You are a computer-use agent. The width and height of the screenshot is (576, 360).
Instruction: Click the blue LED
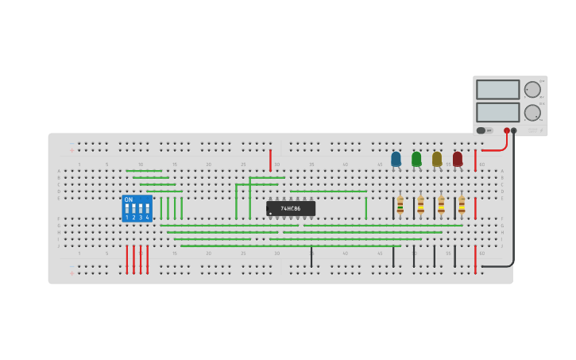point(396,159)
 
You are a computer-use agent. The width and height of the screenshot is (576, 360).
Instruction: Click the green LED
point(416,159)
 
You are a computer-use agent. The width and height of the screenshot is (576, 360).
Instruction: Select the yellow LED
point(437,159)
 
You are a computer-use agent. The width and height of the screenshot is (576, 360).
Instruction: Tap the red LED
point(458,159)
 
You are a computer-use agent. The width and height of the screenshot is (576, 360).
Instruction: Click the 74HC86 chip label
point(292,208)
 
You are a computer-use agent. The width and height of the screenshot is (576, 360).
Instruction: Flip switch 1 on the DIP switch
point(126,209)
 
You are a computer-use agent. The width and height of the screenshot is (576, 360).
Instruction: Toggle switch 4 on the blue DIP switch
point(147,209)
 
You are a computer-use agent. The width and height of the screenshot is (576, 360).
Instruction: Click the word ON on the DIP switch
point(129,199)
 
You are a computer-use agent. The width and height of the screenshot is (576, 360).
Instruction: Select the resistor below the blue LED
point(400,205)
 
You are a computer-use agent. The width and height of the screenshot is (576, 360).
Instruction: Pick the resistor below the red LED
point(462,205)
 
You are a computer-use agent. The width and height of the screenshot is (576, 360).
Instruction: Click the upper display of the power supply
point(497,89)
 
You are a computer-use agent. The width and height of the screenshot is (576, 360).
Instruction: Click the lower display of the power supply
point(497,112)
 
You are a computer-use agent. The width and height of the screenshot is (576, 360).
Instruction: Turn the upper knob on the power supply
point(532,89)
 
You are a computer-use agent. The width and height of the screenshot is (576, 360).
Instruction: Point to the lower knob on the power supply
point(532,112)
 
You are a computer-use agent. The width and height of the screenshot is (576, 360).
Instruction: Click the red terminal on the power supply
point(507,130)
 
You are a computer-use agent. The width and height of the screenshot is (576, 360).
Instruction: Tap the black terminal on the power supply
point(514,130)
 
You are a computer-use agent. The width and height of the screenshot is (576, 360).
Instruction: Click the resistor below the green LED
point(420,205)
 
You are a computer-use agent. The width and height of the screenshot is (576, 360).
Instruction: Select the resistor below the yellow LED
point(441,205)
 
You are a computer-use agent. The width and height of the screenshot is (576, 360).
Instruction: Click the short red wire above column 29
point(270,160)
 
